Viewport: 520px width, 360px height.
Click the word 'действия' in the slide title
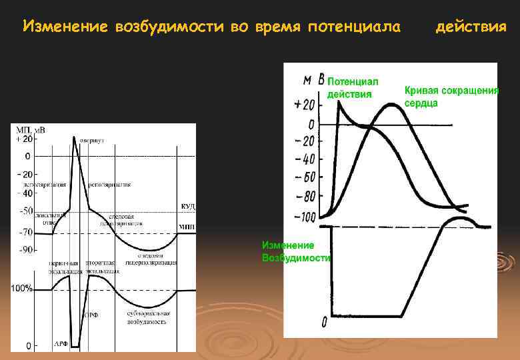470,27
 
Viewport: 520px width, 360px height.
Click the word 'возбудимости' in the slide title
170,27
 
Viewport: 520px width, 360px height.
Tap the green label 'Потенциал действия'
352,87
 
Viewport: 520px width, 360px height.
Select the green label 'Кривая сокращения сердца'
451,97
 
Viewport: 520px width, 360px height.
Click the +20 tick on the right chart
303,105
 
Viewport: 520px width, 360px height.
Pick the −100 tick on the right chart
304,217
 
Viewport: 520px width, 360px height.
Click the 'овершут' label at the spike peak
92,141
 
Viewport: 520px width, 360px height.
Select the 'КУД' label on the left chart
187,207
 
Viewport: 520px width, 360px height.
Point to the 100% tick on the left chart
22,289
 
